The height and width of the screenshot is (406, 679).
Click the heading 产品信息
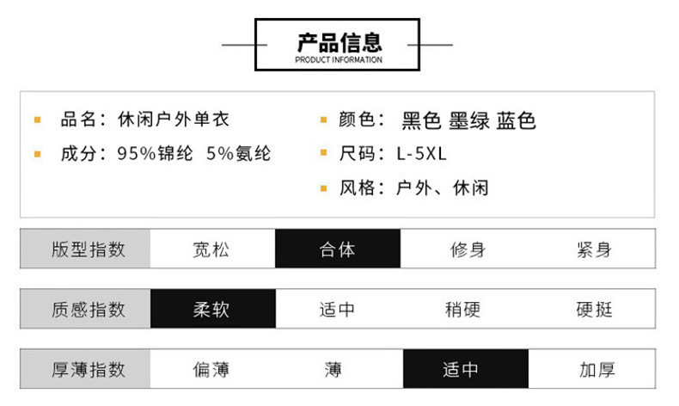click(x=339, y=41)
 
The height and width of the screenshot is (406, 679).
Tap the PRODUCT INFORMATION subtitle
click(x=339, y=60)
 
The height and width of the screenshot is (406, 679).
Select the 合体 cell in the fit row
click(x=337, y=249)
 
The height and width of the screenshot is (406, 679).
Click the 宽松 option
click(x=211, y=249)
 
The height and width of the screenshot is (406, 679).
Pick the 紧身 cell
click(x=594, y=249)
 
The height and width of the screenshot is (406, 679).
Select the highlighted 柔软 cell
click(x=211, y=309)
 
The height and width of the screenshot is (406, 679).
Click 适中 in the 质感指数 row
click(x=337, y=309)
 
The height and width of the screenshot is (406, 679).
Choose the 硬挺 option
click(x=594, y=309)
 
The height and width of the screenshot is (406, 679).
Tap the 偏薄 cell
click(x=211, y=369)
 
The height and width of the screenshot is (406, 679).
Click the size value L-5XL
click(x=421, y=154)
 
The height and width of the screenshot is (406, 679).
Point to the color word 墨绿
click(x=469, y=120)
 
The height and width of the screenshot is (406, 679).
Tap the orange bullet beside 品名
click(x=37, y=120)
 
